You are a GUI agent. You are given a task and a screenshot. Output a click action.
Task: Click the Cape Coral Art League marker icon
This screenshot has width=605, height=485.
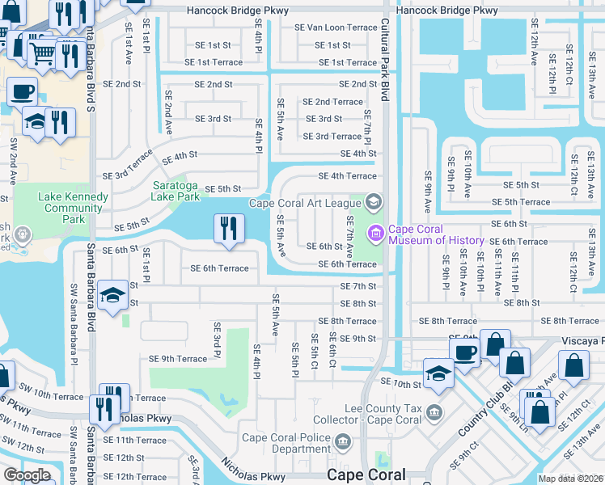[373, 201]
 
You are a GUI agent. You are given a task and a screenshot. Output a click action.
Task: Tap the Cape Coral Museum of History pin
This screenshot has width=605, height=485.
[374, 234]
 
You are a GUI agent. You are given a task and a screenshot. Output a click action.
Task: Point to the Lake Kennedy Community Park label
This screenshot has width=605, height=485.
[73, 202]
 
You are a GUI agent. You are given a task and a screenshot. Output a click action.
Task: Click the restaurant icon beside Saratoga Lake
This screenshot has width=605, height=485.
[228, 228]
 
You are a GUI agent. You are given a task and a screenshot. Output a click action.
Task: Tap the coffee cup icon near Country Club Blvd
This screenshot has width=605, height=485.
[464, 352]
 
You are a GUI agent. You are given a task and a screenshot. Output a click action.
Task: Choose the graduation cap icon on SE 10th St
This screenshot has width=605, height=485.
[439, 373]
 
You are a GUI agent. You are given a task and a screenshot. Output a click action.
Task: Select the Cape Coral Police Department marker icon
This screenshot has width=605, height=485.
[343, 443]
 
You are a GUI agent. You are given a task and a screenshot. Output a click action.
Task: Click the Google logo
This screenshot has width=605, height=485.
[27, 475]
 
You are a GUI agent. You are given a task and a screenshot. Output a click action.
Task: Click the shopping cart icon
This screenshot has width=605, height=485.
[42, 53]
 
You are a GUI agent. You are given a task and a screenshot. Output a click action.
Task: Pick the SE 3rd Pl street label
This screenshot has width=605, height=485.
[217, 339]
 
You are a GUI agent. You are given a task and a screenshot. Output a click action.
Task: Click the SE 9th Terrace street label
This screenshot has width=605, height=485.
[178, 358]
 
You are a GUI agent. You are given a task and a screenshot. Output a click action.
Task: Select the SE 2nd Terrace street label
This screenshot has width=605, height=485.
[332, 102]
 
